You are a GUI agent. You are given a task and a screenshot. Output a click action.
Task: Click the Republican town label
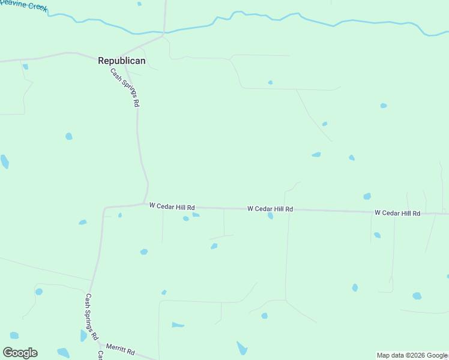pos(122,61)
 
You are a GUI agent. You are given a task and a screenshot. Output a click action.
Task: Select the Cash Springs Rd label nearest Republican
pos(125,88)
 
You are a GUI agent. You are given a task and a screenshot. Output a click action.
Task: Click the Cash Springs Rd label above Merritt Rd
pos(91,316)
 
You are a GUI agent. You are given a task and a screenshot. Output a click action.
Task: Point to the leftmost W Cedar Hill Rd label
pos(172,206)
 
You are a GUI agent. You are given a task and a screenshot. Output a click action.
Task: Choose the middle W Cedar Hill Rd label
pos(270,209)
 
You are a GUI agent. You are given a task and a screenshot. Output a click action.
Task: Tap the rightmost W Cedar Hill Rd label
pos(397,213)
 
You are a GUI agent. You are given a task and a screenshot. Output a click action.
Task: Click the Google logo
pos(20,353)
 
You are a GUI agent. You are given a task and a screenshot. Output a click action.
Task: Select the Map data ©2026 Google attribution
pos(412,355)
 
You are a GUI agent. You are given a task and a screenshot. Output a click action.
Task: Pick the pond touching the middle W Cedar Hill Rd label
pos(271,216)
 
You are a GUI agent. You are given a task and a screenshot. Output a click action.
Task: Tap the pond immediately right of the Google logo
pos(63,352)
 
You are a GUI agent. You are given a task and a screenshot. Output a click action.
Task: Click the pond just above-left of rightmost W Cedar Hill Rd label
pos(367,196)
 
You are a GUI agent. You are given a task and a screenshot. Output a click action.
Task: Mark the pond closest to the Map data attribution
pos(417,296)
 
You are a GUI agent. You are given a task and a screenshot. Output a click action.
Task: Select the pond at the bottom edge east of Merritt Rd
pos(242,348)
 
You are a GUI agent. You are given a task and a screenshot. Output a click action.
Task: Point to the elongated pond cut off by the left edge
pos(4,161)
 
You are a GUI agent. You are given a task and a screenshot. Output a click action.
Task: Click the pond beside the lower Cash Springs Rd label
pos(83,335)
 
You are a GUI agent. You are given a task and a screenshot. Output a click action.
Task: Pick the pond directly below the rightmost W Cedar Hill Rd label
pos(377,235)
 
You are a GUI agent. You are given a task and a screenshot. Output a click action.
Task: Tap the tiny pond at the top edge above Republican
pos(139,4)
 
